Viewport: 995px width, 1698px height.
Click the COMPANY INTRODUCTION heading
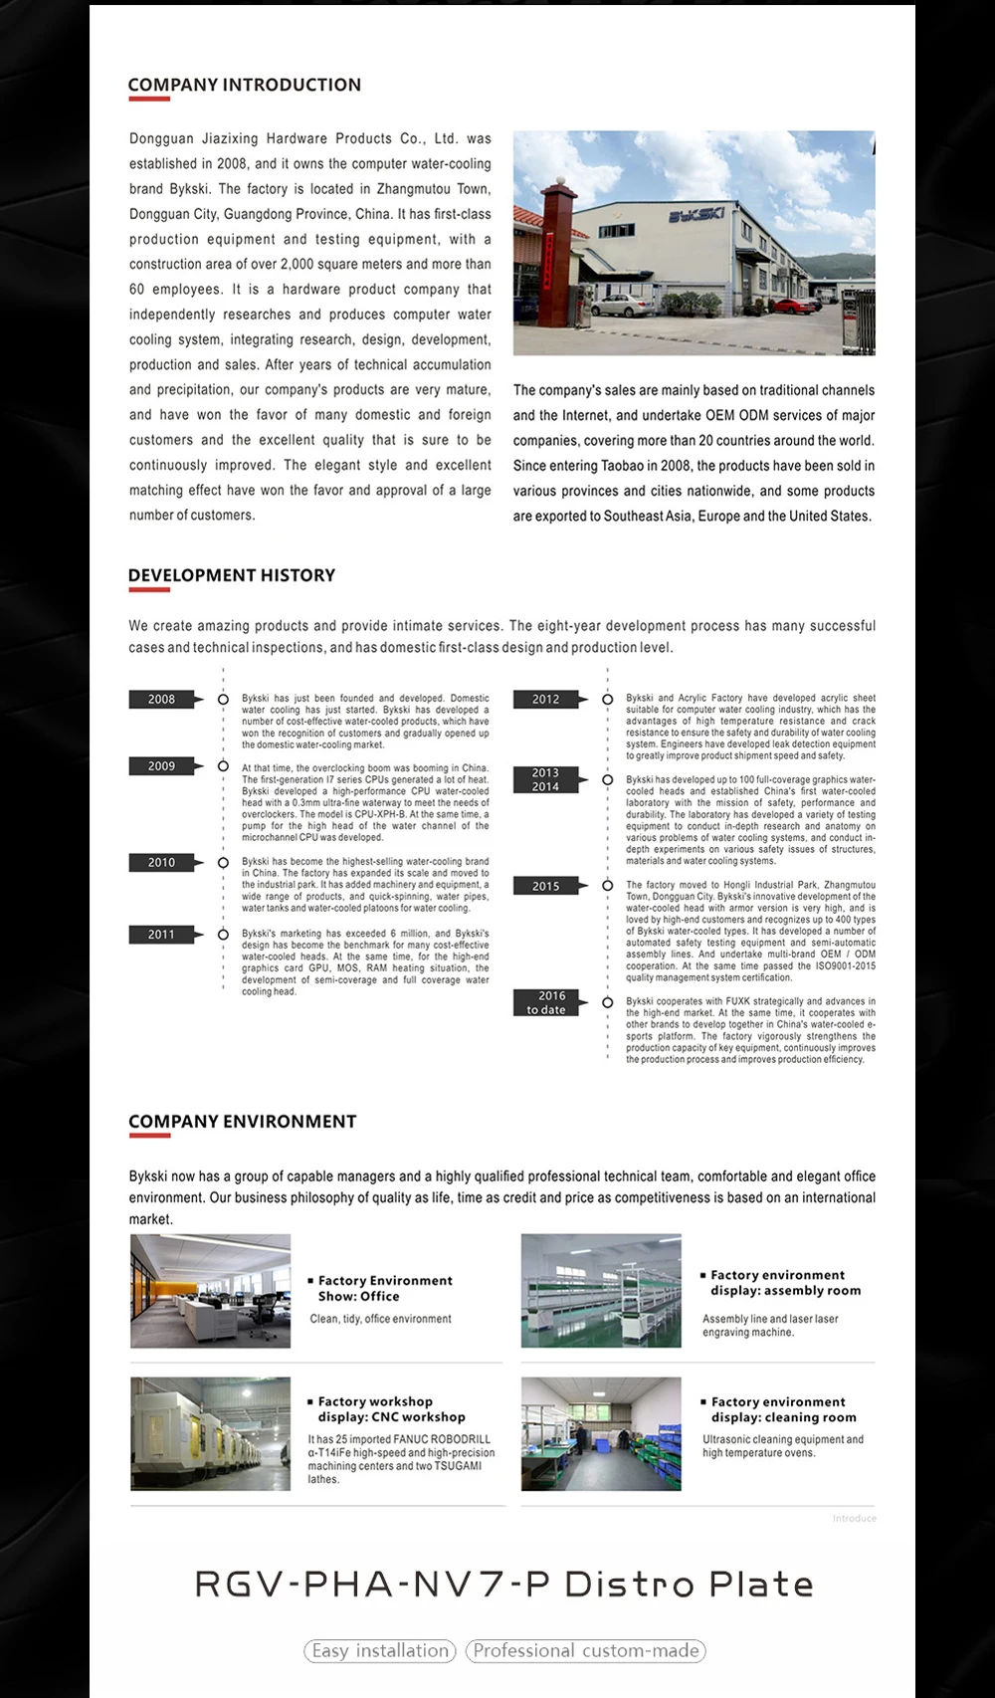pos(245,86)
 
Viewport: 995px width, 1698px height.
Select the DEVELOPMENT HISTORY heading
pos(232,575)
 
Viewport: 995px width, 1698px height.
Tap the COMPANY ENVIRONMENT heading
pos(242,1122)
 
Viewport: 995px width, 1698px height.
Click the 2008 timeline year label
pos(161,700)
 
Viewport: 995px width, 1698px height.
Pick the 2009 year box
pos(161,766)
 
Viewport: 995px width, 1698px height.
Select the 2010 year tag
pos(161,863)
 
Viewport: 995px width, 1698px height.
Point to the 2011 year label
pos(161,935)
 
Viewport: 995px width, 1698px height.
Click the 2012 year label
pos(545,700)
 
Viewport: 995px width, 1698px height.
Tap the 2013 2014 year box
pos(545,779)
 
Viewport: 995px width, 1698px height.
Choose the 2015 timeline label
pos(545,886)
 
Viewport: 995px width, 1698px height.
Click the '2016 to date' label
pos(545,1002)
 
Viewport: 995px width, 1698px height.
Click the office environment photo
pos(210,1291)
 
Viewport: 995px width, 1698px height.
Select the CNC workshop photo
pos(210,1434)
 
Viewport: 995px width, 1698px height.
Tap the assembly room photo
pos(601,1291)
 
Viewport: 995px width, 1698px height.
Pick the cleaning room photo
pos(601,1434)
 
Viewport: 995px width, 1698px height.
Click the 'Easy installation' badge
pos(380,1651)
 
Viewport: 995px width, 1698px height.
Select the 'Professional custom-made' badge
pos(586,1651)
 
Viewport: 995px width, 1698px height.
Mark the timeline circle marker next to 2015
pos(607,886)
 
